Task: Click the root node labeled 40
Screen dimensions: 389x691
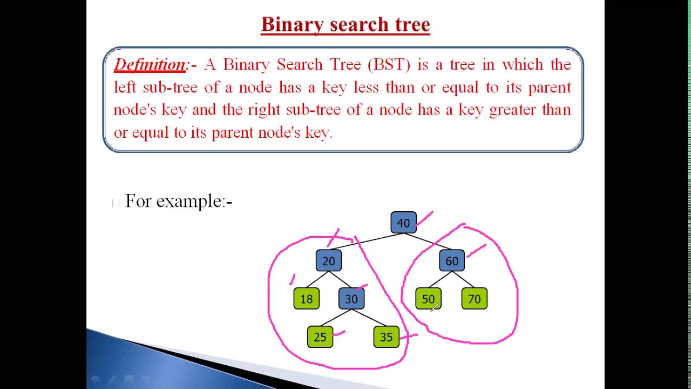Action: tap(403, 223)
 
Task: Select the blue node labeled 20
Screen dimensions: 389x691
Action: tap(328, 261)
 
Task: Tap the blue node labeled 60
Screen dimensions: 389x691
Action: tap(452, 261)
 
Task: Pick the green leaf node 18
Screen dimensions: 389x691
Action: tap(306, 299)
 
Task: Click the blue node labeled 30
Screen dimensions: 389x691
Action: tap(351, 299)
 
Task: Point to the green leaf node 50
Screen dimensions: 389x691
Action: tap(428, 299)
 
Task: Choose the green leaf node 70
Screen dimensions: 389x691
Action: tap(474, 299)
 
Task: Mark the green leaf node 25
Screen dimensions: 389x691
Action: tap(320, 337)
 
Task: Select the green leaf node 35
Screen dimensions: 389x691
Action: tap(386, 337)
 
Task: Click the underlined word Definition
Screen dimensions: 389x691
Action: tap(150, 65)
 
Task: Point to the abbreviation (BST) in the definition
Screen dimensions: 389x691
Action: tap(389, 65)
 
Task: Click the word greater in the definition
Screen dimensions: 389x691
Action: tap(512, 110)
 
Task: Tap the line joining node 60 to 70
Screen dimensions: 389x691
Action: tap(463, 280)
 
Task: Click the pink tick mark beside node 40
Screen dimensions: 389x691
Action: tap(425, 218)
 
